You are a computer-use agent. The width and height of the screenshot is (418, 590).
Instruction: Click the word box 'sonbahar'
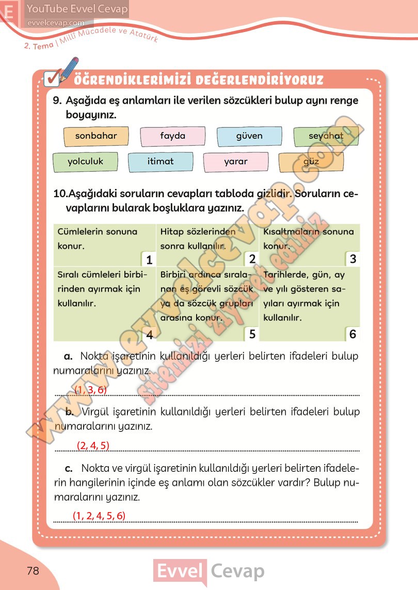(x=96, y=137)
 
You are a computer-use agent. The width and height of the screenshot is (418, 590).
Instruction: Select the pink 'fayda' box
(x=172, y=137)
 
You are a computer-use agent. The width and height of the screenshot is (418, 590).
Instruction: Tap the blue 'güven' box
(x=249, y=137)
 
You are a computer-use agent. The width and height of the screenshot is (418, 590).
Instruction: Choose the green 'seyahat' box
(x=326, y=137)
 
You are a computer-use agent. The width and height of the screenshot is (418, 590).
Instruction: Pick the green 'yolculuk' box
(x=85, y=162)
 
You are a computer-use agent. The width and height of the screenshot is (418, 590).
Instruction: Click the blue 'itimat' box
(x=160, y=162)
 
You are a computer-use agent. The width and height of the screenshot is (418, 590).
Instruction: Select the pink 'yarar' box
(x=236, y=162)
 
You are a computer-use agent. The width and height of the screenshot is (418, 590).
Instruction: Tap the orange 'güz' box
(x=311, y=162)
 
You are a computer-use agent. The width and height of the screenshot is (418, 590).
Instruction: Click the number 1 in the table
(x=148, y=259)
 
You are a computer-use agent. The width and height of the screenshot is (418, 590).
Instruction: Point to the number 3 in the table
(x=353, y=259)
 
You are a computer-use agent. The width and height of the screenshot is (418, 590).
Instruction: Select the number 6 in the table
(x=353, y=334)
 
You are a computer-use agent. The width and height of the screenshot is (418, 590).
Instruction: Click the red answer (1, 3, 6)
(x=91, y=390)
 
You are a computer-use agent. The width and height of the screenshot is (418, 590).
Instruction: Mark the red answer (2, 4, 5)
(x=93, y=445)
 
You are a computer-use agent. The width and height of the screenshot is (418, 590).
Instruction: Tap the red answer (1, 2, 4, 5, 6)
(x=99, y=515)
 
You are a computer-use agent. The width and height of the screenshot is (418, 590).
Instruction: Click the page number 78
(x=33, y=571)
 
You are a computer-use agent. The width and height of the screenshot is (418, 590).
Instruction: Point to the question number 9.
(x=58, y=101)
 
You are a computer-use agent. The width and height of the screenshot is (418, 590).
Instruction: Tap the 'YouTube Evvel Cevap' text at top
(x=77, y=9)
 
